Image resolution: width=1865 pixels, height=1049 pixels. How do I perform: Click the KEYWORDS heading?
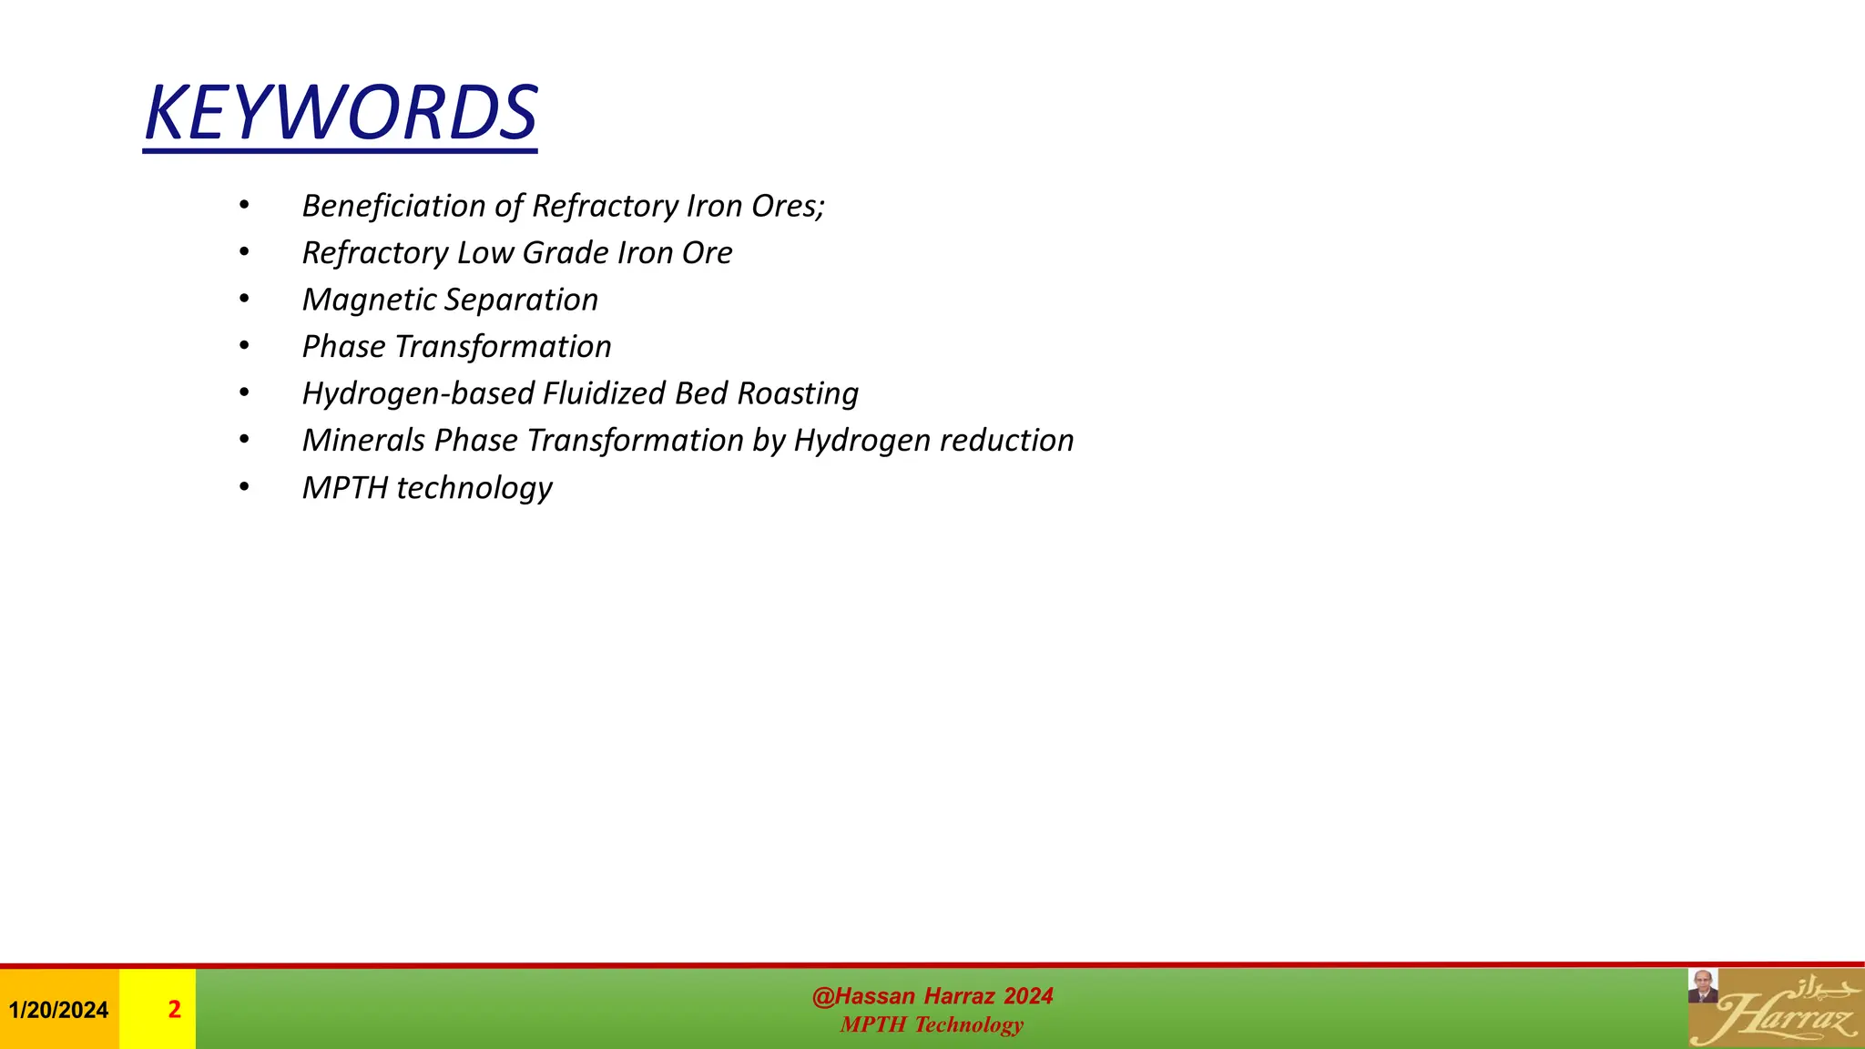pos(341,114)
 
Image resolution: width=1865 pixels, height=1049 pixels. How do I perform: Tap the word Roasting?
pos(798,393)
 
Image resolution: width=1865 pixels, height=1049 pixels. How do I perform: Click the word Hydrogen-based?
pos(418,393)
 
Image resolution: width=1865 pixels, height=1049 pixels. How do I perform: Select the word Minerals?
pos(363,441)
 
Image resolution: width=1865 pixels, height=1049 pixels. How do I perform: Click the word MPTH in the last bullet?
pos(345,488)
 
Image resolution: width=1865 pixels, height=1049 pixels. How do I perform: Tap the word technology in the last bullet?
pos(474,489)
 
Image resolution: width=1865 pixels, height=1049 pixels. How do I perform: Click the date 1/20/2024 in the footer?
pos(58,1010)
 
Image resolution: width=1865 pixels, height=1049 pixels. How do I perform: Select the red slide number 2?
pos(174,1010)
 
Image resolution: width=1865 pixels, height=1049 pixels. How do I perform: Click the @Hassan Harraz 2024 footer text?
pos(932,996)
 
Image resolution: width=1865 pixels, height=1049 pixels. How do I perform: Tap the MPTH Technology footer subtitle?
pos(932,1025)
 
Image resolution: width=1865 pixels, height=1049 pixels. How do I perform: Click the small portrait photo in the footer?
pos(1703,986)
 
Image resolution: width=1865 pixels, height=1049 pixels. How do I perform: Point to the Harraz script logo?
pos(1785,1013)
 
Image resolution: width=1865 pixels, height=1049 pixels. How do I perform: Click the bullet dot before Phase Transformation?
pos(244,346)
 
